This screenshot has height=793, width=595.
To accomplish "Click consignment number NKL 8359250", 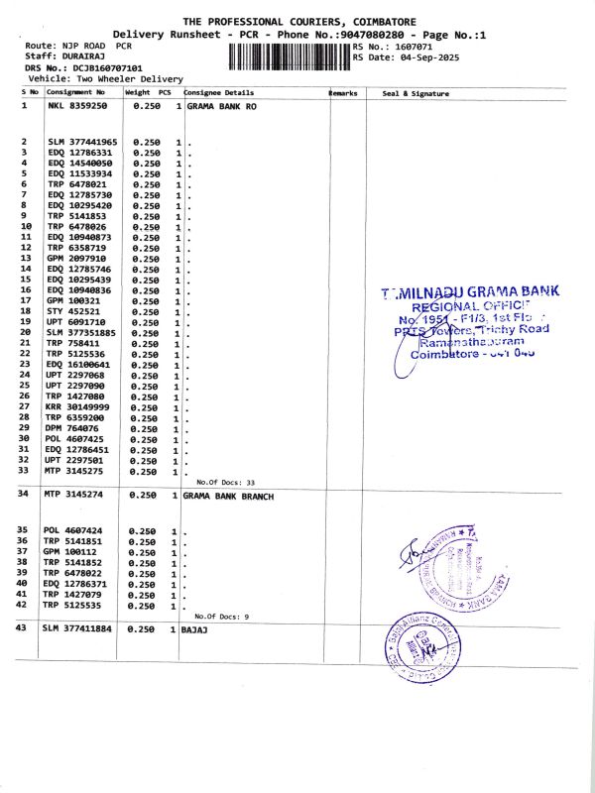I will [76, 105].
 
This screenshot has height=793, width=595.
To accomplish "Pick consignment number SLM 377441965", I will [82, 143].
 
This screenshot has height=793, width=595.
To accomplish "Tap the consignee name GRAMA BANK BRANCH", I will [228, 494].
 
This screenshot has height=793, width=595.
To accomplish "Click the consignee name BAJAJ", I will [192, 630].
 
